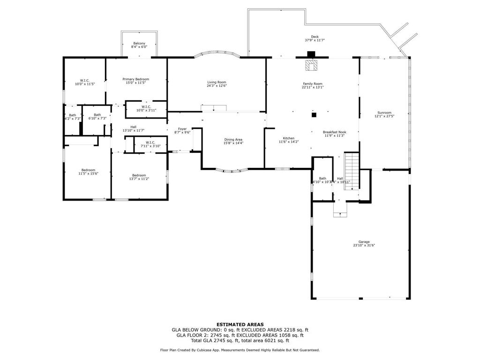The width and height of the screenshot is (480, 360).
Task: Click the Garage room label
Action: pyautogui.click(x=360, y=243)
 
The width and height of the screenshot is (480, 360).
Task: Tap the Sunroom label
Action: pyautogui.click(x=384, y=114)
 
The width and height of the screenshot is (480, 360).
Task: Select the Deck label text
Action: pyautogui.click(x=315, y=38)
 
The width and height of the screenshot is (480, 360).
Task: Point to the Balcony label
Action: pyautogui.click(x=139, y=45)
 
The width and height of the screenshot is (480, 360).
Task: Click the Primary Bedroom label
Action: pyautogui.click(x=135, y=81)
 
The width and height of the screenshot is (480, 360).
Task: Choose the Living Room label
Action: pyautogui.click(x=217, y=84)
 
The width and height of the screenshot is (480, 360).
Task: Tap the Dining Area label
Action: pyautogui.click(x=233, y=141)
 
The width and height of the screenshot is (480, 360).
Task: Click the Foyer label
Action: pyautogui.click(x=182, y=130)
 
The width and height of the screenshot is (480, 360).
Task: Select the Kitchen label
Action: pyautogui.click(x=288, y=140)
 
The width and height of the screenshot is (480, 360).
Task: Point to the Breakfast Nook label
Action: pyautogui.click(x=334, y=134)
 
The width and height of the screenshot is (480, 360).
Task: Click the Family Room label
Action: pyautogui.click(x=312, y=85)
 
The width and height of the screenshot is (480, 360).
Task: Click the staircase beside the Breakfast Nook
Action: pyautogui.click(x=352, y=171)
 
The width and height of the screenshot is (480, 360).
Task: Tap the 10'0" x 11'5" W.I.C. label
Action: pyautogui.click(x=85, y=82)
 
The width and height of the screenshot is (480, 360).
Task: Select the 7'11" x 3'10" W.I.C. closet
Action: pyautogui.click(x=150, y=144)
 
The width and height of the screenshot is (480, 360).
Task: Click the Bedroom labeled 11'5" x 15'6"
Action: pyautogui.click(x=88, y=172)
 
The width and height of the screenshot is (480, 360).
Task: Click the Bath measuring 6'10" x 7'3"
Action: pyautogui.click(x=97, y=116)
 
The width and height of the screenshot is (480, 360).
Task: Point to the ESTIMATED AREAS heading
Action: pyautogui.click(x=240, y=324)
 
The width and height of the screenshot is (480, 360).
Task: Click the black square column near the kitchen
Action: pyautogui.click(x=314, y=114)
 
